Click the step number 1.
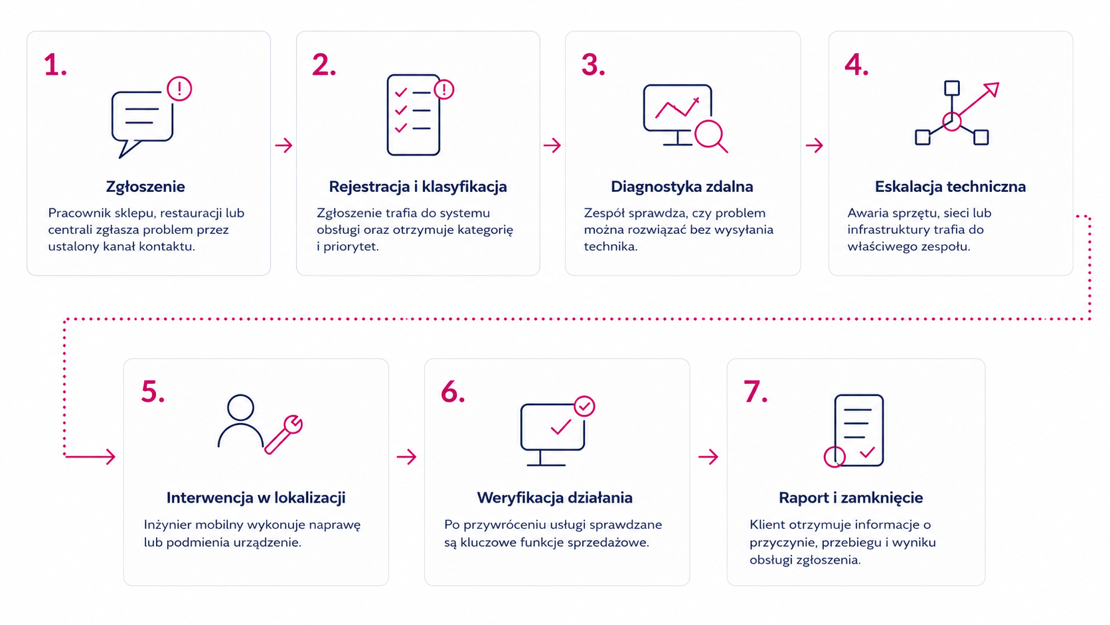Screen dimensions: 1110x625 (55, 65)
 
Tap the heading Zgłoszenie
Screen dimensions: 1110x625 (145, 187)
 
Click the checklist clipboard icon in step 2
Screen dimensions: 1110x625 (414, 115)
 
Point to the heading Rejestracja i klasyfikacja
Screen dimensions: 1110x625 (418, 187)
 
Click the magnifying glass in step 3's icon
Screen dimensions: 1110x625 (711, 135)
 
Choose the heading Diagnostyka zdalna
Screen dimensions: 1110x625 (682, 187)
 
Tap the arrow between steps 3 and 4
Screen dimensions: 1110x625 (814, 145)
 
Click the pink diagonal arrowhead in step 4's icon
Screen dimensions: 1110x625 (991, 89)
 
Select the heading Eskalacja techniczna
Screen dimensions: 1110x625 (950, 187)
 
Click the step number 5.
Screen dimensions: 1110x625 (153, 392)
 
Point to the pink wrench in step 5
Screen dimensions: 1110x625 (283, 434)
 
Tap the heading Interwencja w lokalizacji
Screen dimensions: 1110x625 (256, 497)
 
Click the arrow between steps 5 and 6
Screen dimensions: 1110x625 (406, 456)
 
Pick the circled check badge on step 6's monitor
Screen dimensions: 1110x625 (584, 406)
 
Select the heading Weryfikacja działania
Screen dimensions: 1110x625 (554, 497)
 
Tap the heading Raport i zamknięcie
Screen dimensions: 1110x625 (850, 497)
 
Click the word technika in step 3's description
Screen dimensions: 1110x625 (610, 246)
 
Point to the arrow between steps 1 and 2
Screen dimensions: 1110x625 (283, 145)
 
